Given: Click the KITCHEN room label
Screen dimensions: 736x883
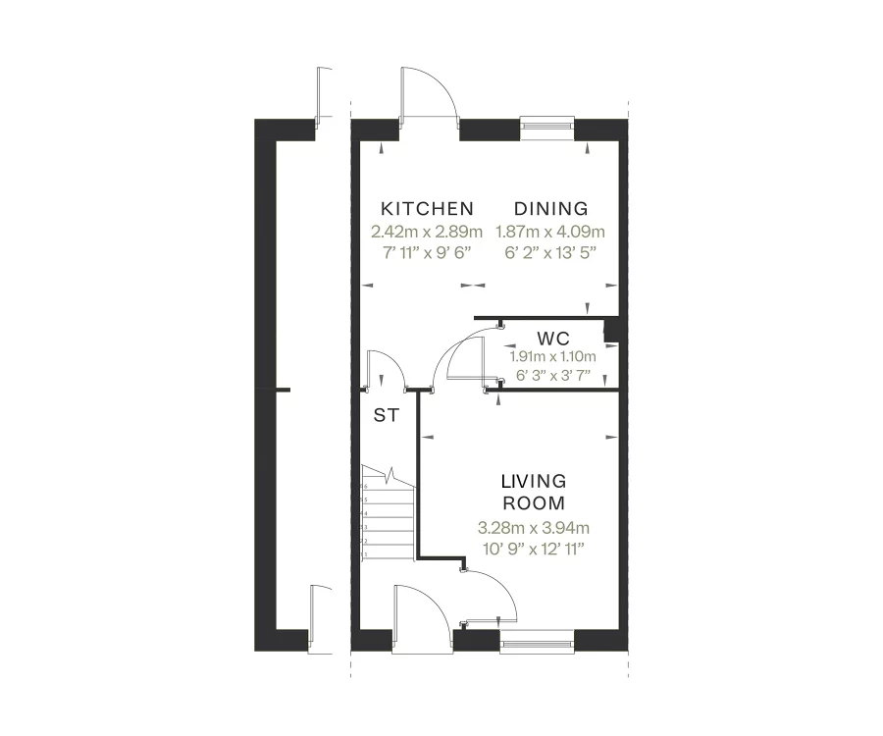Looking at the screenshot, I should click(x=427, y=208).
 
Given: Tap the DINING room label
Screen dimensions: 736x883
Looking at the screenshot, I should click(x=551, y=208).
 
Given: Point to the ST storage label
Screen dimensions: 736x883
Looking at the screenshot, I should click(x=386, y=415).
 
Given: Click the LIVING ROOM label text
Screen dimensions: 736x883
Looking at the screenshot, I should click(x=534, y=493).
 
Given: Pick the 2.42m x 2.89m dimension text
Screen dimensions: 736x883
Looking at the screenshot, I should click(x=427, y=233).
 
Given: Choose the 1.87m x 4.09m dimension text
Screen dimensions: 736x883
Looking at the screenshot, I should click(x=551, y=233).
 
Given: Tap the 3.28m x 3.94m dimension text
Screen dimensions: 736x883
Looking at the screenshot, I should click(x=534, y=528).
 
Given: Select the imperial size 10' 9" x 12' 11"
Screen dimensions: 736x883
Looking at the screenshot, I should click(x=534, y=549).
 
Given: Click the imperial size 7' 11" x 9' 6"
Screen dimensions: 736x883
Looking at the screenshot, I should click(x=427, y=252).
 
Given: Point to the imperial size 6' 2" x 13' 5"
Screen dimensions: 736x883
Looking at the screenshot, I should click(x=551, y=252).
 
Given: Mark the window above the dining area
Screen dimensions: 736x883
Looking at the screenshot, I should click(x=547, y=125).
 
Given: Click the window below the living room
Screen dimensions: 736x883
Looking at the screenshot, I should click(x=537, y=644).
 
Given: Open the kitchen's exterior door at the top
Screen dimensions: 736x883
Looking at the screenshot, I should click(x=428, y=94).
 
